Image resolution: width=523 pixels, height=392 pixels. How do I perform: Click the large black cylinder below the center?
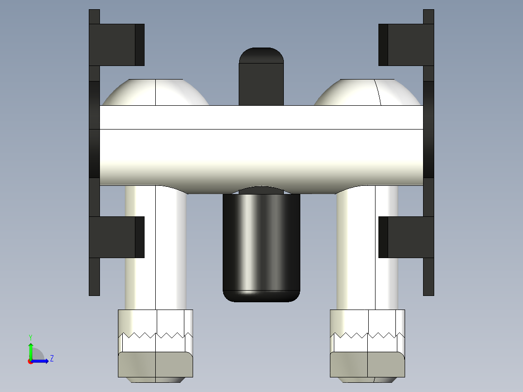tap(261, 243)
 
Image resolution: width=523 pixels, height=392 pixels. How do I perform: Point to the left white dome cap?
tap(155, 93)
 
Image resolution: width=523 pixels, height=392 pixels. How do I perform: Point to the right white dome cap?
tap(368, 93)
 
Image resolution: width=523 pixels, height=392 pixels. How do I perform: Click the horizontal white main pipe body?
tap(261, 146)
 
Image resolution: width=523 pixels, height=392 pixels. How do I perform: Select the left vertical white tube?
tap(155, 247)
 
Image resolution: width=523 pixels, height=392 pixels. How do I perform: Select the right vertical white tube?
tap(367, 247)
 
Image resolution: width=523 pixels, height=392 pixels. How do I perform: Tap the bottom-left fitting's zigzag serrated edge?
tap(155, 335)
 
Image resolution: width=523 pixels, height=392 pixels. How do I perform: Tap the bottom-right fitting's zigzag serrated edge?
tap(367, 335)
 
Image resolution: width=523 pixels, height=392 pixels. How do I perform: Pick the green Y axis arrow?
tap(31, 349)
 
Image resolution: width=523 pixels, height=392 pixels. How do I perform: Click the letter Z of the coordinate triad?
tap(51, 359)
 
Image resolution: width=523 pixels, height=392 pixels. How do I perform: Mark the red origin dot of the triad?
tap(31, 361)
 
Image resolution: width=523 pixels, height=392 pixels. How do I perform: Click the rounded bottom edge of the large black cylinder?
tap(261, 296)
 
